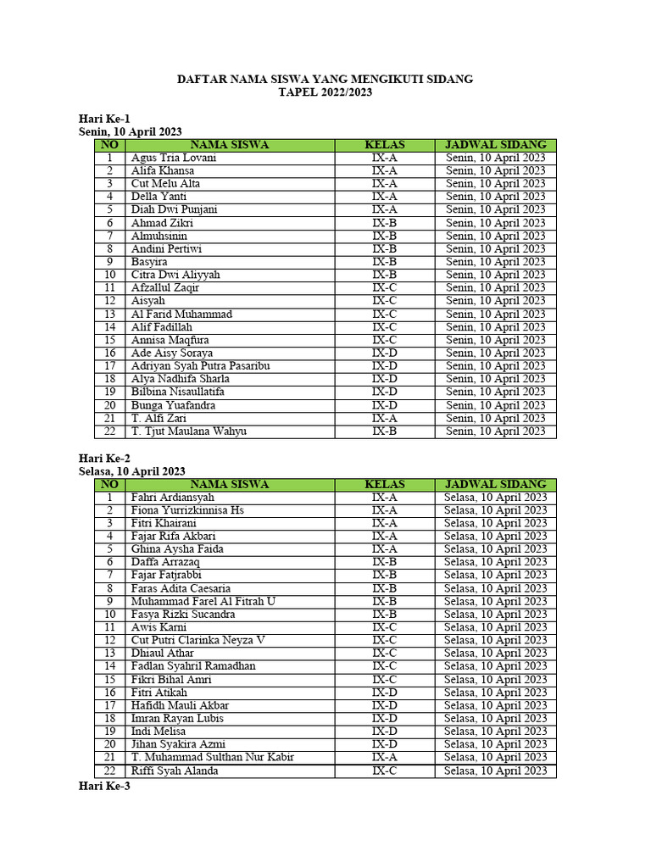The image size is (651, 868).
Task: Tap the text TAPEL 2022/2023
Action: pyautogui.click(x=325, y=92)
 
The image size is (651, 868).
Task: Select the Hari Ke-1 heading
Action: pyautogui.click(x=104, y=119)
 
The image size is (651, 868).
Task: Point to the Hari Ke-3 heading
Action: pyautogui.click(x=104, y=786)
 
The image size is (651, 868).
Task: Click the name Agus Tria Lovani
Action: pyautogui.click(x=174, y=158)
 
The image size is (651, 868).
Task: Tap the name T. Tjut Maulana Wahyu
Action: pyautogui.click(x=189, y=431)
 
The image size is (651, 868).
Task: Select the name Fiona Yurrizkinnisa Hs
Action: pyautogui.click(x=187, y=510)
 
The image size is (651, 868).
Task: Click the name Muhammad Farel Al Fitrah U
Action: pyautogui.click(x=203, y=601)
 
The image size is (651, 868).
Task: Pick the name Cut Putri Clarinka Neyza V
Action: pyautogui.click(x=198, y=640)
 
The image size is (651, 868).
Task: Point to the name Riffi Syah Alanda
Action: pyautogui.click(x=175, y=771)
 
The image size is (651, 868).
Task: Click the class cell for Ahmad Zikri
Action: pyautogui.click(x=384, y=223)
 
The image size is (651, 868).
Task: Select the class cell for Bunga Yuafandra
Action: pyautogui.click(x=384, y=405)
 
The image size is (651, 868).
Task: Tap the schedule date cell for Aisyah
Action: pyautogui.click(x=496, y=301)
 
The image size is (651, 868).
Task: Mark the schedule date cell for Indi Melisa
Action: pyautogui.click(x=496, y=732)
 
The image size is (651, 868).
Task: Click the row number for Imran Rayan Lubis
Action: pyautogui.click(x=109, y=718)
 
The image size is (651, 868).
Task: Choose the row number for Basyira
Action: pyautogui.click(x=109, y=262)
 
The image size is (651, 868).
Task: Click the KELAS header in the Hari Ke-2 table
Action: pyautogui.click(x=384, y=484)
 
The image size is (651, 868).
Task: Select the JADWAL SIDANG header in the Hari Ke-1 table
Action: pyautogui.click(x=496, y=145)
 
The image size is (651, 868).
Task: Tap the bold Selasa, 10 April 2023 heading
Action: pyautogui.click(x=132, y=471)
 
